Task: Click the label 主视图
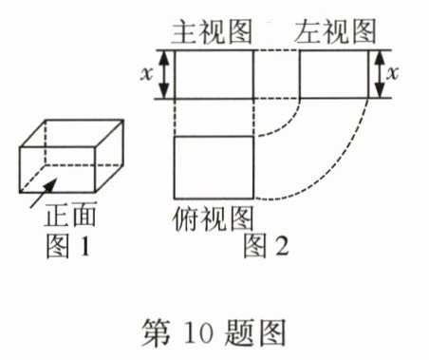click(213, 31)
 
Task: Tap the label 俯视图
click(213, 216)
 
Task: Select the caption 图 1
click(71, 248)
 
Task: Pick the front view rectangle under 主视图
click(214, 74)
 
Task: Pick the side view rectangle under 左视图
click(333, 74)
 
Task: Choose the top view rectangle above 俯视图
click(214, 167)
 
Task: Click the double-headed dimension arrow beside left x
click(164, 74)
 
